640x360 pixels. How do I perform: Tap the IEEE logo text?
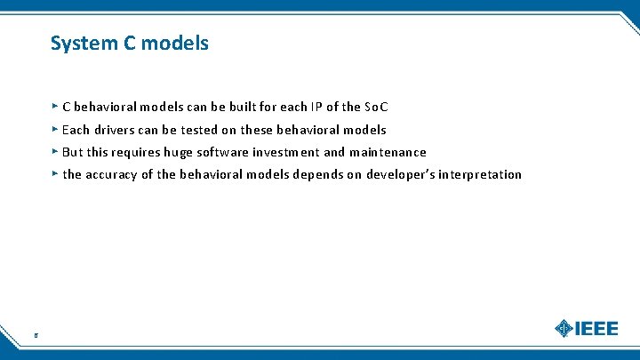tap(597, 328)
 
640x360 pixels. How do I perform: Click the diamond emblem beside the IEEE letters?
tap(564, 328)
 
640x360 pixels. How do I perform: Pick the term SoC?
tap(377, 108)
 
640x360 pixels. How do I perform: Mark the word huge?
tap(179, 153)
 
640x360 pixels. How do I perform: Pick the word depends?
tap(318, 174)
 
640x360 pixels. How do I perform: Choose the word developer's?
tap(399, 174)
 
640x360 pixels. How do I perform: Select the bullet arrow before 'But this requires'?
tap(55, 151)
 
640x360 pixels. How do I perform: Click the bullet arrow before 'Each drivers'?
tap(55, 129)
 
